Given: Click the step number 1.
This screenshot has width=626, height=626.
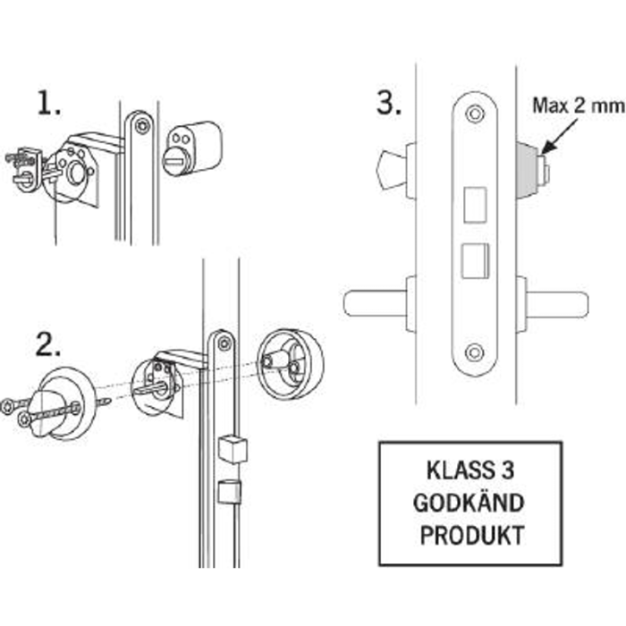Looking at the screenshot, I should pos(48,104).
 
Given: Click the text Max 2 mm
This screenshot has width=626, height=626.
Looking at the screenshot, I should pos(578,106).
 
